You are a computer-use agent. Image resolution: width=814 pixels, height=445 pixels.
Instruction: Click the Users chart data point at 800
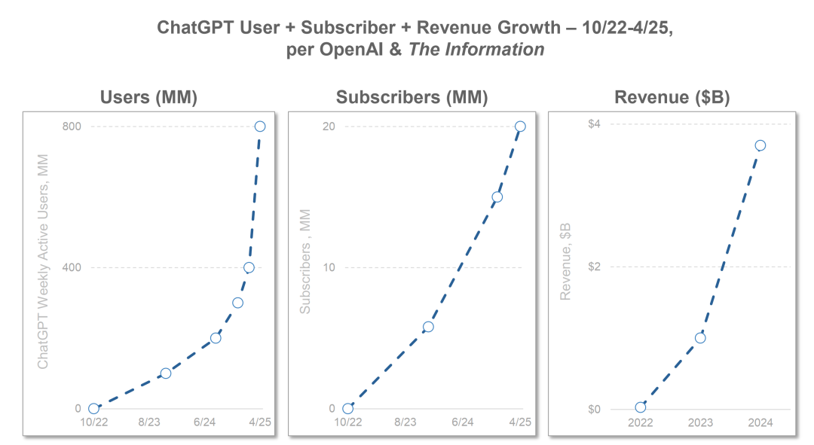tap(260, 126)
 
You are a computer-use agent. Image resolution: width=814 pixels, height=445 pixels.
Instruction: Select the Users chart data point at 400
tap(249, 267)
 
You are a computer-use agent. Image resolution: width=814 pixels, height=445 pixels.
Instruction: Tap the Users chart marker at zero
tap(93, 409)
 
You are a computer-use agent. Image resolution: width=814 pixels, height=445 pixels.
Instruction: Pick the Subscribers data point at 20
tap(520, 126)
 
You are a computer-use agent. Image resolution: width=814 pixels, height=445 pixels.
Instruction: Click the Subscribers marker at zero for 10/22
tap(347, 409)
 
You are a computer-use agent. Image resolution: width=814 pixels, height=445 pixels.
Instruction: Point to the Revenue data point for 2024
tap(760, 145)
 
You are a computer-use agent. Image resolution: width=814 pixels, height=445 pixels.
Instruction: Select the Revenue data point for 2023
tap(700, 338)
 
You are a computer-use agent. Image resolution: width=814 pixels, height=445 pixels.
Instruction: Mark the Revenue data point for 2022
tap(641, 407)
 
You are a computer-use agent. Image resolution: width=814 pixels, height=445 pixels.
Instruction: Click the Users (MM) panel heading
tap(149, 98)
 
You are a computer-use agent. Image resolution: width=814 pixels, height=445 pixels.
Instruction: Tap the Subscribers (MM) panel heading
tap(412, 98)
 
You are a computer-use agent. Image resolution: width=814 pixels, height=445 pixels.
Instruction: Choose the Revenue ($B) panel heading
tap(672, 98)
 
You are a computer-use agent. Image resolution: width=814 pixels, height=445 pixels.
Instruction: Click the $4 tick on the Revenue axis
tap(594, 123)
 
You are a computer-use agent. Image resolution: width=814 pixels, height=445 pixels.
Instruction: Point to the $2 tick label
tap(594, 267)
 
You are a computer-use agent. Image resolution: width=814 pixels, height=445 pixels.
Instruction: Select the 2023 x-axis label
tap(700, 423)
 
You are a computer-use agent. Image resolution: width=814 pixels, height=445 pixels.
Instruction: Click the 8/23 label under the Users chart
tap(149, 423)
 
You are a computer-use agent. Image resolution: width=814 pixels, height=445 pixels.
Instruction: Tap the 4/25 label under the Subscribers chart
tap(520, 423)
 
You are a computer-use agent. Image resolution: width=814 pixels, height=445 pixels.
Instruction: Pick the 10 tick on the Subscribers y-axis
tap(329, 267)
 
